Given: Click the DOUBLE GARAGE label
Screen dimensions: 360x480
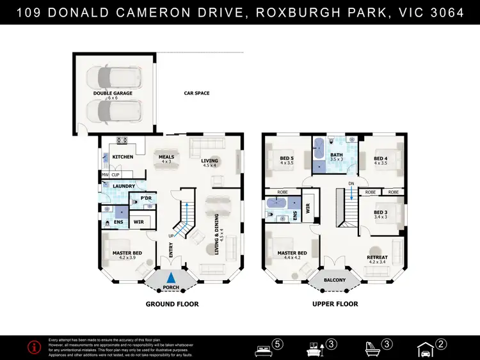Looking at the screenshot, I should pos(112,93).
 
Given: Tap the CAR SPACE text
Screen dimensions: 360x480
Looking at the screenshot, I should pos(196,93).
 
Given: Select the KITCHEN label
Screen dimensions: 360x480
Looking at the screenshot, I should pos(123,157).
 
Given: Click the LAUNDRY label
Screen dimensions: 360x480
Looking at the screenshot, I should pos(124,187).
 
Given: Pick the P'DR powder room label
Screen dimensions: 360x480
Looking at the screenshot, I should pos(145,200).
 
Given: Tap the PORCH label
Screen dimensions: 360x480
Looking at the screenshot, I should pos(170,287).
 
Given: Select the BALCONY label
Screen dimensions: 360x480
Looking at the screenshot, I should pos(334,280).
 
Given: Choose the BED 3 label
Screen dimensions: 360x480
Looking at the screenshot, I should pos(380,212).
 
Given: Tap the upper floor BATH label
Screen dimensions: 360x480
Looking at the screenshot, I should pos(337,154).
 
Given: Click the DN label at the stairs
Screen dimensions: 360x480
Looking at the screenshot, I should pos(351,184).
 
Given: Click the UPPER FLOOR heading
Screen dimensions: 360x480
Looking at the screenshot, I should pos(335,304).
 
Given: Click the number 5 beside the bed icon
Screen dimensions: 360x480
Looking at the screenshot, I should pos(277,345).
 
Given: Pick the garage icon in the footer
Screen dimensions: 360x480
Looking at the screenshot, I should pos(425,348).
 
